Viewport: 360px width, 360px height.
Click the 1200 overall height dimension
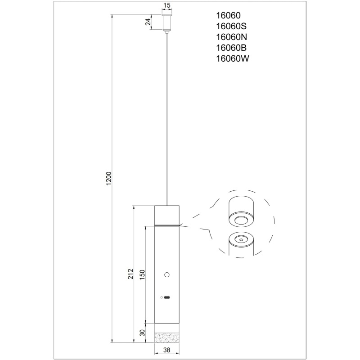tap(109, 178)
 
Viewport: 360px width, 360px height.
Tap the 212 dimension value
tap(130, 274)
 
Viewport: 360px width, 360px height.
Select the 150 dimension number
tap(142, 274)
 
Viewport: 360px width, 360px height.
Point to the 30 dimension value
tap(143, 333)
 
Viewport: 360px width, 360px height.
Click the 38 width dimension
tap(167, 350)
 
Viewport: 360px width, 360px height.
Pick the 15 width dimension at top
tap(167, 5)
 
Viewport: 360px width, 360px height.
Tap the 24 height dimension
tap(148, 22)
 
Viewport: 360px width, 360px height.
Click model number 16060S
tap(231, 27)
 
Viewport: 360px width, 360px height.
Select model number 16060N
tap(231, 37)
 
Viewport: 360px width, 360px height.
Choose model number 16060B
tap(231, 48)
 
